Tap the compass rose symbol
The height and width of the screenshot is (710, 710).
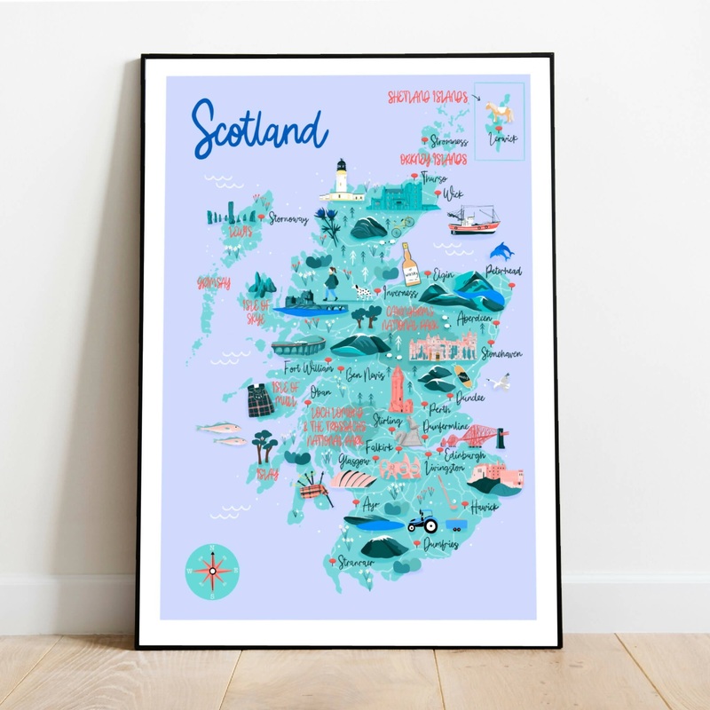click(x=211, y=569)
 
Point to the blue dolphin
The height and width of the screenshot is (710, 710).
click(x=502, y=251)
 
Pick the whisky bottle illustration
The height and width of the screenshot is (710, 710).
click(x=411, y=264)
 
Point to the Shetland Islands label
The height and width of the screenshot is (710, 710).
click(x=427, y=97)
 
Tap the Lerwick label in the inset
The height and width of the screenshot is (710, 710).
click(x=502, y=139)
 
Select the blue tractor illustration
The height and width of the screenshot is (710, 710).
click(x=422, y=525)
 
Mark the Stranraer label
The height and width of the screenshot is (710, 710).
click(x=356, y=562)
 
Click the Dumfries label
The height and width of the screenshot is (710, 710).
click(x=441, y=543)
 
